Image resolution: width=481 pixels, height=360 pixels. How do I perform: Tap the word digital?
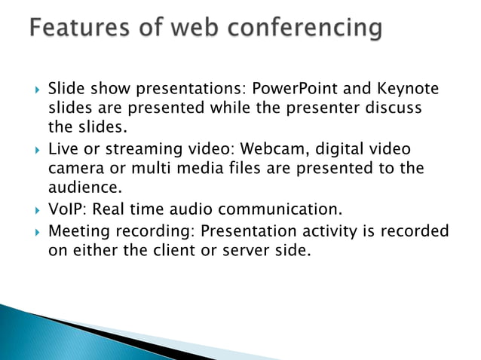(340, 150)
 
